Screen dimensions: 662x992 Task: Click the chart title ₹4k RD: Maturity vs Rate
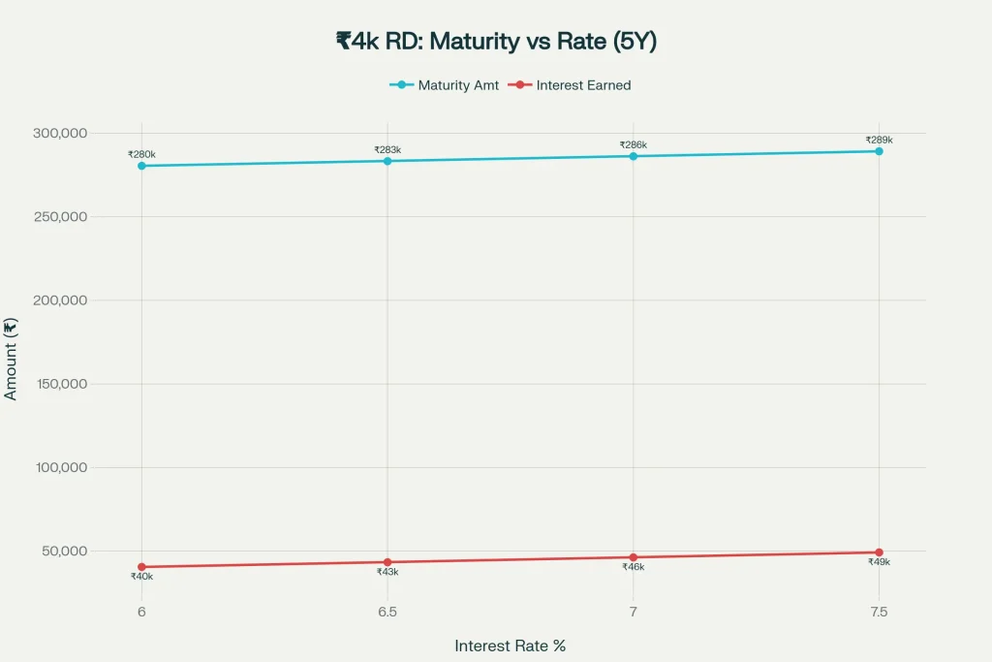coord(495,41)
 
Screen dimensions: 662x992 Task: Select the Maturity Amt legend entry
coord(446,85)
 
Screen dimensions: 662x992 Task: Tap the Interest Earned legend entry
coord(573,85)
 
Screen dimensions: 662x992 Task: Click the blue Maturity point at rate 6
coord(141,166)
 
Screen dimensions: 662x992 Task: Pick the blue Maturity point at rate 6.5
coord(387,161)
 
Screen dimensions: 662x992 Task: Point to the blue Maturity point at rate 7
coord(634,156)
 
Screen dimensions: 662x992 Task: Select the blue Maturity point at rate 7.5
coord(879,151)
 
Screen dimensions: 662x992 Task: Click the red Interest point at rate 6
coord(141,567)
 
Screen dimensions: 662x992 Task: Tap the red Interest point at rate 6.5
coord(387,562)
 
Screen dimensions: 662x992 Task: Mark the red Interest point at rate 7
coord(634,557)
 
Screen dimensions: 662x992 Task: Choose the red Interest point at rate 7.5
coord(879,552)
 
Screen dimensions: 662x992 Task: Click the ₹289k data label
coord(879,140)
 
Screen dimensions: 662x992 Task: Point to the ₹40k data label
coord(141,577)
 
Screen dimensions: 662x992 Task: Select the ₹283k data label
coord(387,149)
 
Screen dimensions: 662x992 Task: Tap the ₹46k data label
coord(634,567)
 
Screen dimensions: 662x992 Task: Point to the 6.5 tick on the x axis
coord(387,612)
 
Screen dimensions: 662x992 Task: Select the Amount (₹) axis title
coord(12,359)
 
